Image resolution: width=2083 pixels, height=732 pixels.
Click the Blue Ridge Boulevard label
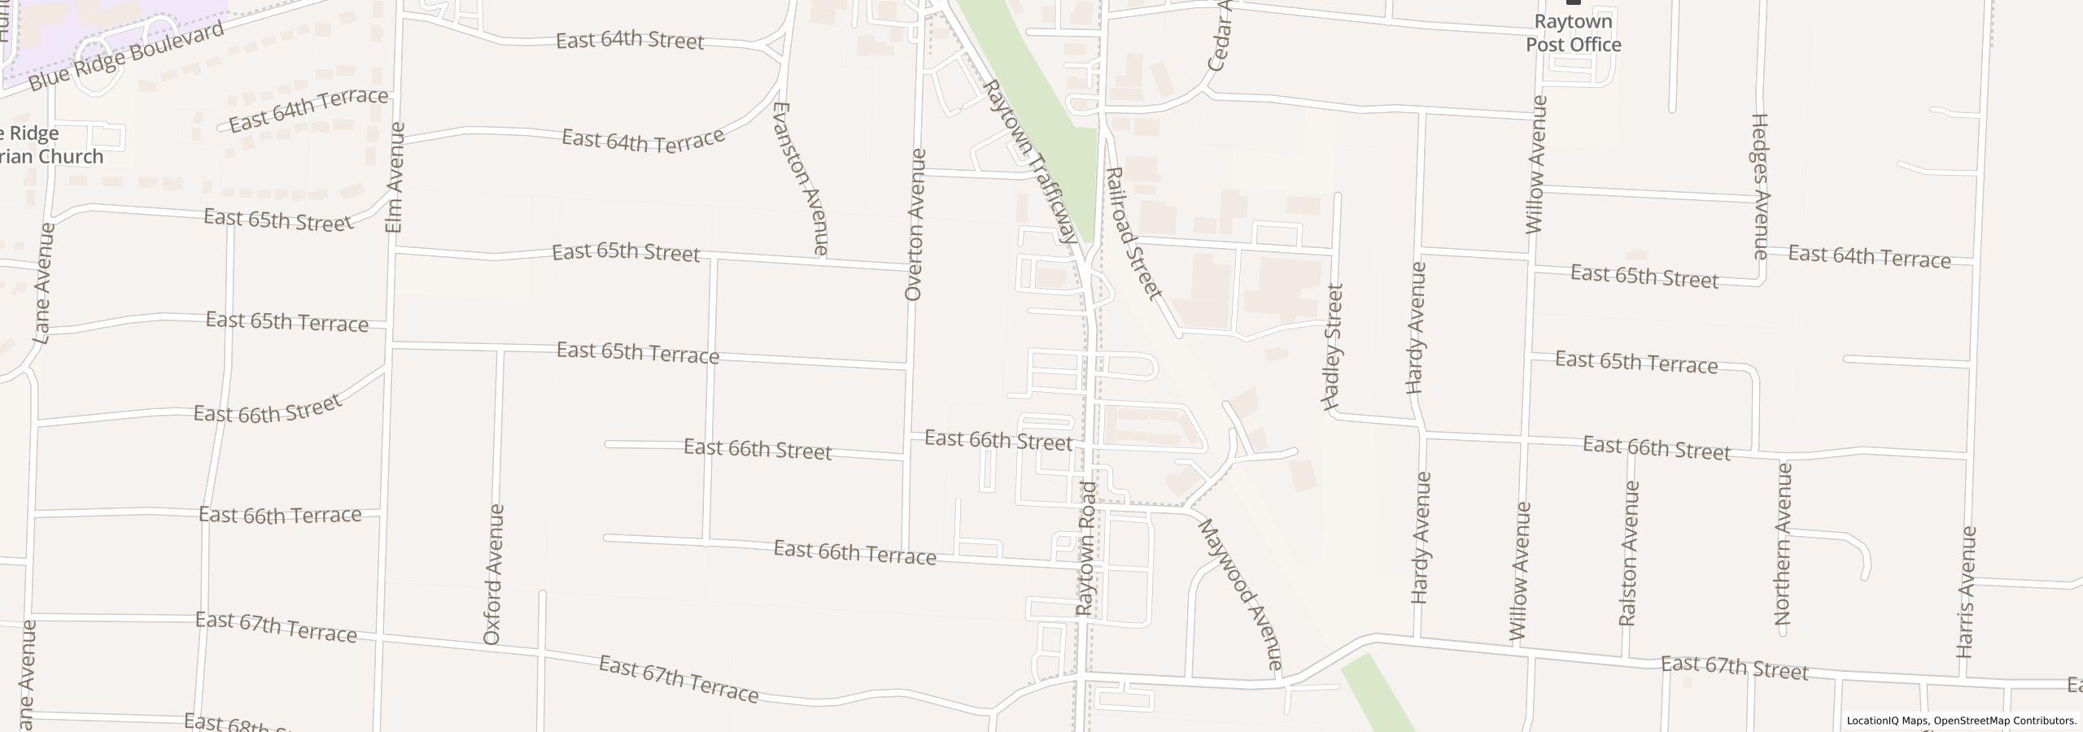click(126, 57)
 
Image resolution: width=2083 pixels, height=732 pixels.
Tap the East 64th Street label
click(630, 41)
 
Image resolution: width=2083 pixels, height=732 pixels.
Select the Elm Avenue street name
click(395, 177)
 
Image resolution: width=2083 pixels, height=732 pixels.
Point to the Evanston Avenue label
click(801, 178)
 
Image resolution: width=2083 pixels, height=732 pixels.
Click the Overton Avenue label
click(915, 224)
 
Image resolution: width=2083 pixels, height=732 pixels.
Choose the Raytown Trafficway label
click(1030, 161)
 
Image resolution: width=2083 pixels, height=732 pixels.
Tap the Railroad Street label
click(1133, 233)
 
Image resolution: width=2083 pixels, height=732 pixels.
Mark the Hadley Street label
click(1333, 346)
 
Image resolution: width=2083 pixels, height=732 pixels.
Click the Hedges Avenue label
click(1760, 186)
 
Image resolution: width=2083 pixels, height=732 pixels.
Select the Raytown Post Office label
click(1573, 33)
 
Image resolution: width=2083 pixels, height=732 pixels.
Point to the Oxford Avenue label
click(493, 574)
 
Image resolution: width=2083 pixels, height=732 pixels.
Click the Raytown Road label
click(1087, 547)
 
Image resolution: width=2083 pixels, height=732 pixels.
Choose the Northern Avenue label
click(1784, 543)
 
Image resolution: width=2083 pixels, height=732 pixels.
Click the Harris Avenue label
click(1967, 592)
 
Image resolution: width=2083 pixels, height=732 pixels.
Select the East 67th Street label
click(1734, 668)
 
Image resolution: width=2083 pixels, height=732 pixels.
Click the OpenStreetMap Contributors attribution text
click(2005, 721)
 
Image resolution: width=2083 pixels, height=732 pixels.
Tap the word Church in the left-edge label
click(72, 156)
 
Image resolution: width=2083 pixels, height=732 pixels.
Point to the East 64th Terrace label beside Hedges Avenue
click(1869, 258)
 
